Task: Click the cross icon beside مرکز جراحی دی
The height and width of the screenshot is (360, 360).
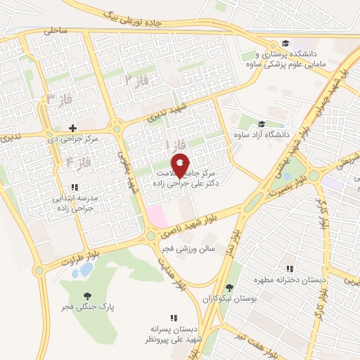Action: [x=72, y=127]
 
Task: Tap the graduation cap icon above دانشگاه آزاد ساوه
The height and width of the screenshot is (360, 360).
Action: [x=262, y=124]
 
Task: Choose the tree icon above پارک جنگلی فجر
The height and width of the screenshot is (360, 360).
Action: [x=87, y=296]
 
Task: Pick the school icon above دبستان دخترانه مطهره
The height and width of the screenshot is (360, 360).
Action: [x=289, y=268]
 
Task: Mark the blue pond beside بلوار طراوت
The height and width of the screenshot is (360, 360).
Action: [x=86, y=269]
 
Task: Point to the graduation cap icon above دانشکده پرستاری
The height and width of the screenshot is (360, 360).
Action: [x=285, y=42]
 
